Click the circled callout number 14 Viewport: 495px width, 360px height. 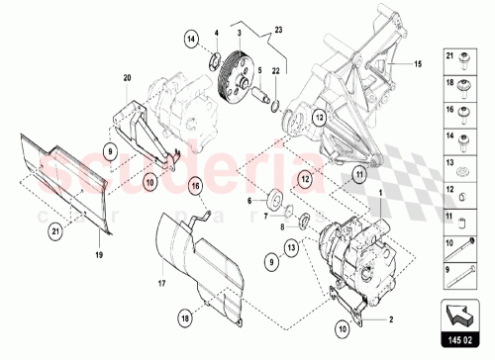(x=191, y=39)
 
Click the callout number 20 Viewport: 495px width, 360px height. (x=127, y=77)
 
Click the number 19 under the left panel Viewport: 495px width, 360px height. (x=99, y=255)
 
